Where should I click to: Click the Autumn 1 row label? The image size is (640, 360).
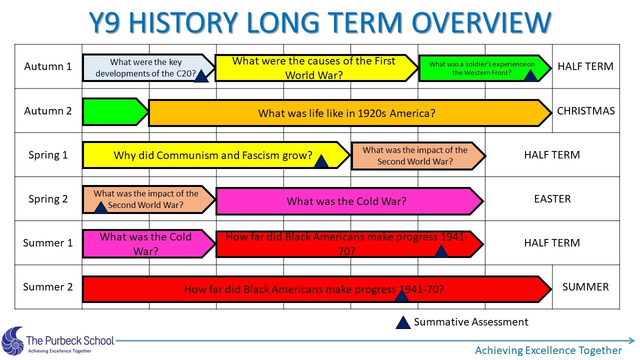(x=48, y=66)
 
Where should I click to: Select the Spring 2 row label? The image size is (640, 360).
(x=48, y=199)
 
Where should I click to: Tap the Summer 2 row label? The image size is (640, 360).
(x=48, y=287)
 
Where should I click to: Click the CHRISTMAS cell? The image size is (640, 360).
(x=585, y=111)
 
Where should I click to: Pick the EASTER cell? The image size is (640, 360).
(x=552, y=199)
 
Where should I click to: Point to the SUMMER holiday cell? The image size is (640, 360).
(x=585, y=287)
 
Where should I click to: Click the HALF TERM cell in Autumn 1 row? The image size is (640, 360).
(x=585, y=66)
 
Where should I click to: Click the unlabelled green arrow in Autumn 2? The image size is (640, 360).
(x=115, y=111)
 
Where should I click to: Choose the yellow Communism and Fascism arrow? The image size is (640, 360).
(x=216, y=155)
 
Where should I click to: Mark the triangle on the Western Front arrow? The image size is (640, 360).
(x=530, y=75)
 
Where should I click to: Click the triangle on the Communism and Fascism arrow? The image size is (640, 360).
(x=321, y=161)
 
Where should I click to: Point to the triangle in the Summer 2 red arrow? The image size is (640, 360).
(x=401, y=295)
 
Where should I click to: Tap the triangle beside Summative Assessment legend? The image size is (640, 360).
(x=403, y=323)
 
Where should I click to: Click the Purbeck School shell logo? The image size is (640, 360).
(x=12, y=341)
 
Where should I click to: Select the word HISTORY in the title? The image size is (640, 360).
(x=183, y=22)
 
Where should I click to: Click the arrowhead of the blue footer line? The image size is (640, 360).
(x=632, y=340)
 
